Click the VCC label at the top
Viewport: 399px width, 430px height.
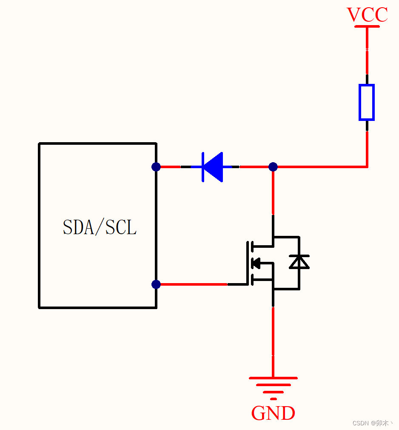(367, 15)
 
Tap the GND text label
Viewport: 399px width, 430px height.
(273, 413)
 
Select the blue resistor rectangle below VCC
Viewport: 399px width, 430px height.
(366, 102)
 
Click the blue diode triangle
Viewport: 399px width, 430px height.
(214, 167)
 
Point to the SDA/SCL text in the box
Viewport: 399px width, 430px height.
(100, 227)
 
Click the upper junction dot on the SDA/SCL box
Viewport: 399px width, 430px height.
(156, 166)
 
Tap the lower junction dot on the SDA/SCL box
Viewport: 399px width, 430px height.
(156, 284)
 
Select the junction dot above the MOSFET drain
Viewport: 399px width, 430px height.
(273, 166)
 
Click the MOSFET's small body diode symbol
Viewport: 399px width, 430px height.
(299, 262)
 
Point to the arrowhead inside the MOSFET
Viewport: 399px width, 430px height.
(256, 264)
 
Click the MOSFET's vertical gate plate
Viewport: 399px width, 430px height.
(247, 263)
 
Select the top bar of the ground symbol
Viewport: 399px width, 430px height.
(273, 378)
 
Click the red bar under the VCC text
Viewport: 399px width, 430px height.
(367, 26)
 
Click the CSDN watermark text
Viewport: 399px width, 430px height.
(372, 423)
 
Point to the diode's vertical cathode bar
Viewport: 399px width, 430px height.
(203, 167)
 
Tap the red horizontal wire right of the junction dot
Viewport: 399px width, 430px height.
(319, 167)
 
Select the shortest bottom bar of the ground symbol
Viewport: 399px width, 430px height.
(273, 399)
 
